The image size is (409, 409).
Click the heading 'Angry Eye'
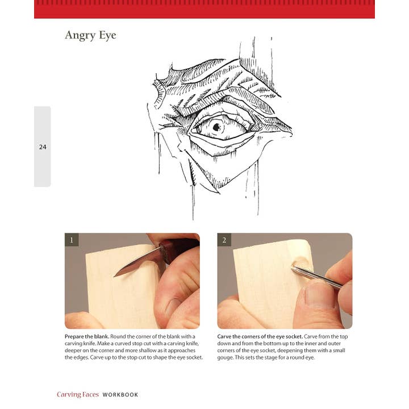[x=90, y=35]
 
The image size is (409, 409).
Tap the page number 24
[x=43, y=147]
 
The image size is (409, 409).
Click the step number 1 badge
[x=71, y=240]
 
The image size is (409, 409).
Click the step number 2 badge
[x=224, y=240]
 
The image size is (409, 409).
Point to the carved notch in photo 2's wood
[x=299, y=264]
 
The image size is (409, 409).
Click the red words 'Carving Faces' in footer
[x=77, y=394]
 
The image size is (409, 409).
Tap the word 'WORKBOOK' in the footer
[x=120, y=394]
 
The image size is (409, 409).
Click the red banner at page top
[x=204, y=9]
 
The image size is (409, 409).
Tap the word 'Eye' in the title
[x=107, y=35]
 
